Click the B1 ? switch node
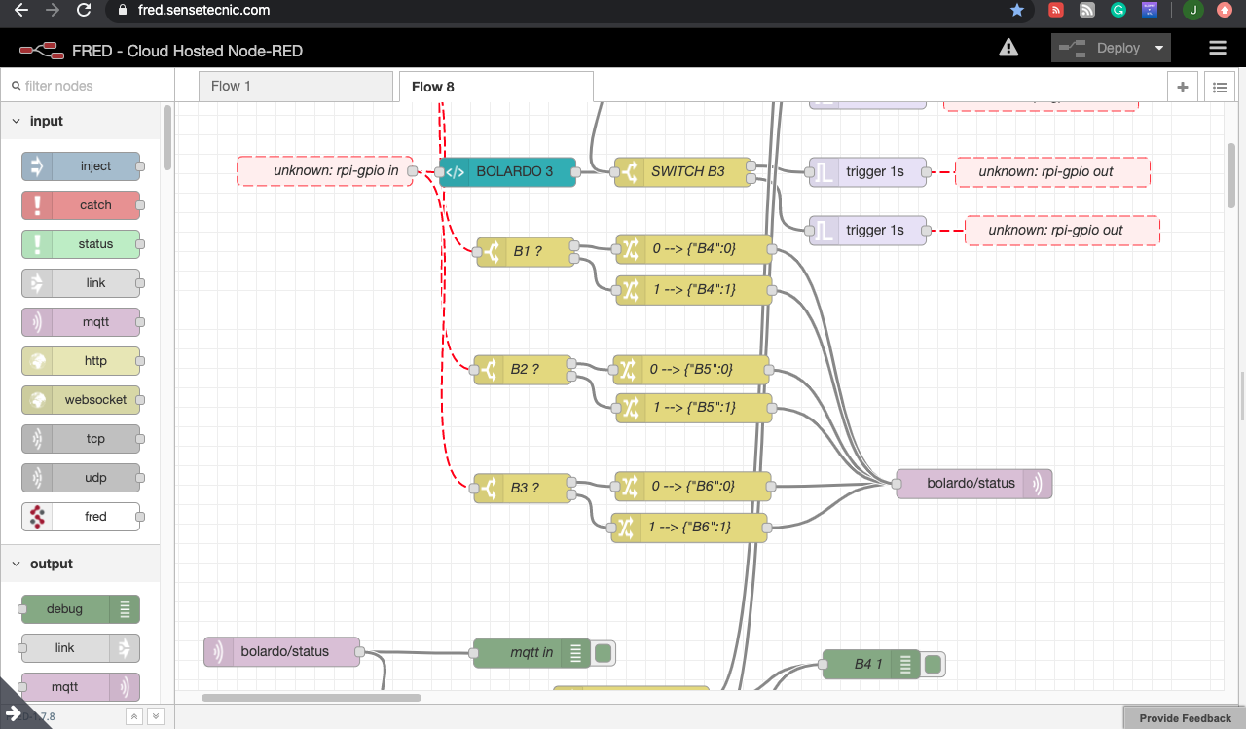click(x=525, y=252)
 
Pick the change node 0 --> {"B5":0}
click(x=691, y=370)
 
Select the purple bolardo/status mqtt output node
click(x=973, y=484)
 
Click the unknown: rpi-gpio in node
click(x=325, y=171)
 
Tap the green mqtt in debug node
click(x=531, y=653)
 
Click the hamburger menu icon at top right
click(x=1217, y=48)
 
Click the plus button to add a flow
click(x=1183, y=87)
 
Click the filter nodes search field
click(x=88, y=86)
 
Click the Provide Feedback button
click(x=1185, y=718)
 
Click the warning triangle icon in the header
click(x=1008, y=48)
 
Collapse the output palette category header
click(x=51, y=565)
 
